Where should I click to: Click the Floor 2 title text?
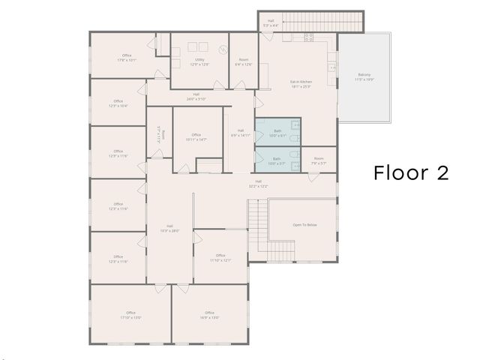pyautogui.click(x=411, y=173)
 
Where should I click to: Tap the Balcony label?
pyautogui.click(x=364, y=77)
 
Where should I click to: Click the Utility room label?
pyautogui.click(x=199, y=61)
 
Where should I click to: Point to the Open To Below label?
pyautogui.click(x=304, y=225)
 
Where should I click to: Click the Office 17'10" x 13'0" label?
pyautogui.click(x=130, y=315)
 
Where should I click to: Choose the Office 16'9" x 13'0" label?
pyautogui.click(x=209, y=315)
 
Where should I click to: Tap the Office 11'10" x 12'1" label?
pyautogui.click(x=220, y=258)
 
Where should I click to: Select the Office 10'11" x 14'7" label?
pyautogui.click(x=196, y=137)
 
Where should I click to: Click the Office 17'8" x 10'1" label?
pyautogui.click(x=127, y=58)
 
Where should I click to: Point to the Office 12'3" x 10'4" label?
pyautogui.click(x=118, y=103)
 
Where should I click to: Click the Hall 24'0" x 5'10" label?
pyautogui.click(x=196, y=96)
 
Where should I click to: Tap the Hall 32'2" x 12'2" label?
pyautogui.click(x=258, y=183)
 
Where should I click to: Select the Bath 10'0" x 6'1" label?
pyautogui.click(x=277, y=133)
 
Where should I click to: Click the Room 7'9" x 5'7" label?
pyautogui.click(x=319, y=160)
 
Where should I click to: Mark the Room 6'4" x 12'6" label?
pyautogui.click(x=244, y=61)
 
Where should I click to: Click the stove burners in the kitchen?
pyautogui.click(x=308, y=37)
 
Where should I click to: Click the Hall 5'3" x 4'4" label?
pyautogui.click(x=270, y=23)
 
